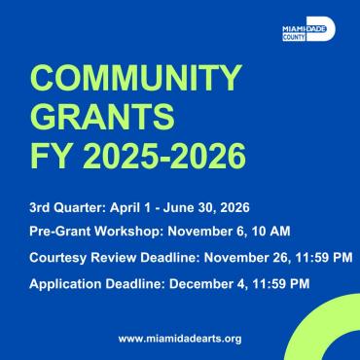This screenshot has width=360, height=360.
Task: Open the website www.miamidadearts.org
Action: [x=179, y=338]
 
